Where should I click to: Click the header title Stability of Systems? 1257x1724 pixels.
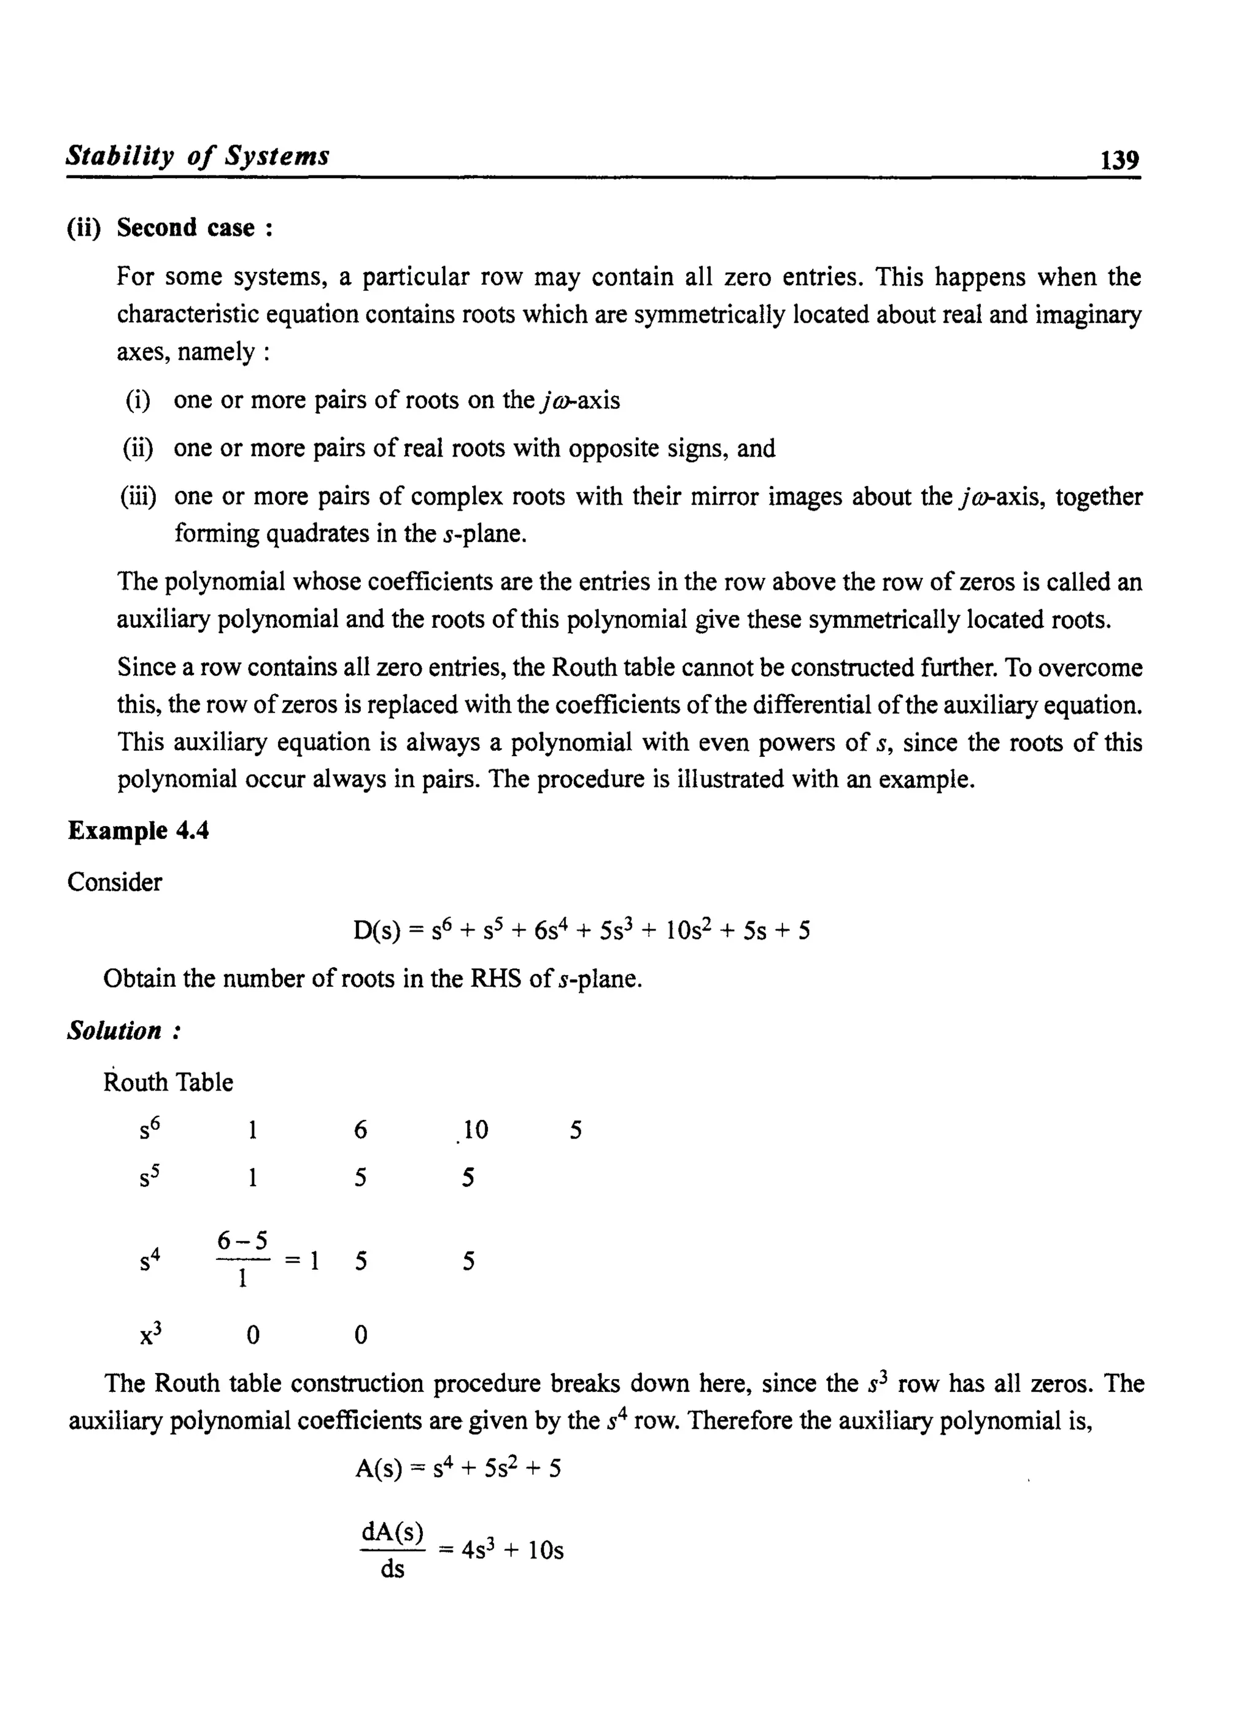coord(198,156)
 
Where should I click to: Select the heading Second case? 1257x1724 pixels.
coord(195,228)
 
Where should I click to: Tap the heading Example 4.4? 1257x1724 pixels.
coord(139,831)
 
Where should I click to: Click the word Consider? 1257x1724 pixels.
coord(115,883)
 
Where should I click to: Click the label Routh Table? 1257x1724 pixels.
coord(168,1082)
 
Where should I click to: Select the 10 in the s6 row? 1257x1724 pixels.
coord(475,1131)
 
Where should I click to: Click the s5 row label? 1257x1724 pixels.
coord(150,1177)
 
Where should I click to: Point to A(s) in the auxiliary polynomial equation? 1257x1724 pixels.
coord(378,1467)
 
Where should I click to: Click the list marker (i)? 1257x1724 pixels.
coord(137,401)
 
